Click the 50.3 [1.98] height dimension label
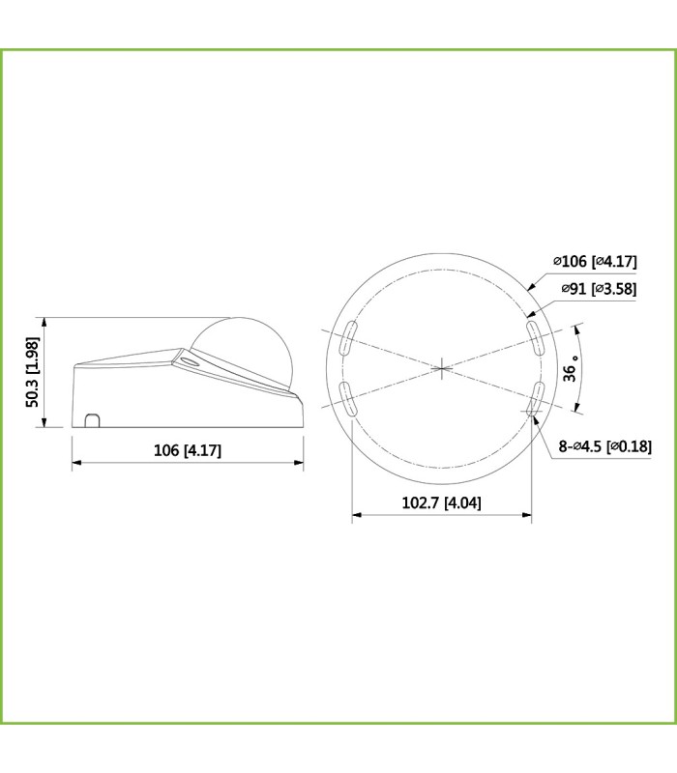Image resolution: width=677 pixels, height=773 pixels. click(32, 372)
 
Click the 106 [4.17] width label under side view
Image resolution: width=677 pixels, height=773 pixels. click(188, 450)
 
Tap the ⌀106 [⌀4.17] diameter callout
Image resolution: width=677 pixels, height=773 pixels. click(595, 261)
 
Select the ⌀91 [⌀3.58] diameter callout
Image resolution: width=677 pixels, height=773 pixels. click(599, 288)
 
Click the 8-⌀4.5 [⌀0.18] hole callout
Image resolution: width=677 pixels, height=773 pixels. click(605, 446)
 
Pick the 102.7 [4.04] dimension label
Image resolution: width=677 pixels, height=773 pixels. click(442, 502)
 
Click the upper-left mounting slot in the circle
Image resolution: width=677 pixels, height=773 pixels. click(347, 337)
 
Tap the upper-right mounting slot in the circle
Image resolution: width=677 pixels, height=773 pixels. click(535, 337)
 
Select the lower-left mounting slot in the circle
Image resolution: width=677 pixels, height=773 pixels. click(347, 399)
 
